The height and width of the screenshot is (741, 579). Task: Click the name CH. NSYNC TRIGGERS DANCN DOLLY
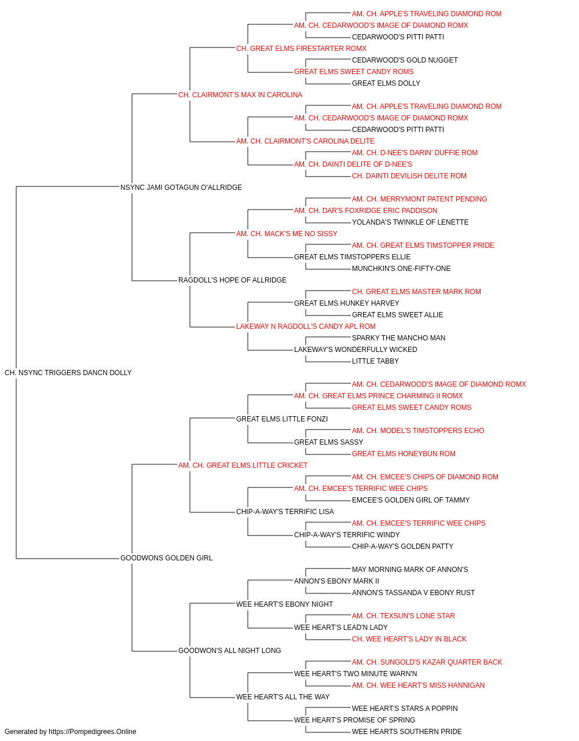[x=68, y=373]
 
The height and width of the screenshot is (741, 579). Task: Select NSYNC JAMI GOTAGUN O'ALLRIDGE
[x=181, y=188]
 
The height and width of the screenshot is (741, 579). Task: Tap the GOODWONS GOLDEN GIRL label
[x=166, y=558]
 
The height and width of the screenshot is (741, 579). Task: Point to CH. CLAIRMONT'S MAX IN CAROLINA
[x=240, y=95]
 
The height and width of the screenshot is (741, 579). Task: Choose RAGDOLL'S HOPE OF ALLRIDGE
[x=232, y=280]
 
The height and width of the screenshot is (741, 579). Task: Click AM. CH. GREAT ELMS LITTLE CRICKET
[x=243, y=465]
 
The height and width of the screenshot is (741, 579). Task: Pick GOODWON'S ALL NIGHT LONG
[x=229, y=650]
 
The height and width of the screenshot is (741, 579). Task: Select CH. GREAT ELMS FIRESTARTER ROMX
[x=302, y=49]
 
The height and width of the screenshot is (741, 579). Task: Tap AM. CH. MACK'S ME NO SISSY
[x=287, y=233]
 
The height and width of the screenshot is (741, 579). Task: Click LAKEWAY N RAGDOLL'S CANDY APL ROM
[x=306, y=327]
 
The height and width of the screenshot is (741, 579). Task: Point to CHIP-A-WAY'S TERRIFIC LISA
[x=285, y=512]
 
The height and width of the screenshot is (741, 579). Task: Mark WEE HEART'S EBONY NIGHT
[x=284, y=604]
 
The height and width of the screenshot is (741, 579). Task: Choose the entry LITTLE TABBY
[x=375, y=361]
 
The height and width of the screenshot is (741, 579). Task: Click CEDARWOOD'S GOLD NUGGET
[x=405, y=60]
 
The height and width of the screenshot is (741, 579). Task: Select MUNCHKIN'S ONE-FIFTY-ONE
[x=401, y=269]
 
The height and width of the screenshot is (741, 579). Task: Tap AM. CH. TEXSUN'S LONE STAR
[x=404, y=615]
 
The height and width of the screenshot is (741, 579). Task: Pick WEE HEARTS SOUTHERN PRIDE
[x=407, y=732]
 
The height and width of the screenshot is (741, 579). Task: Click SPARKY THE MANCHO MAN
[x=398, y=338]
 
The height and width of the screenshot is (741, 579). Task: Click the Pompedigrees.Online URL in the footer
[x=92, y=732]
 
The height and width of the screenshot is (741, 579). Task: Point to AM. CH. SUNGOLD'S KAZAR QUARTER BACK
[x=427, y=662]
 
